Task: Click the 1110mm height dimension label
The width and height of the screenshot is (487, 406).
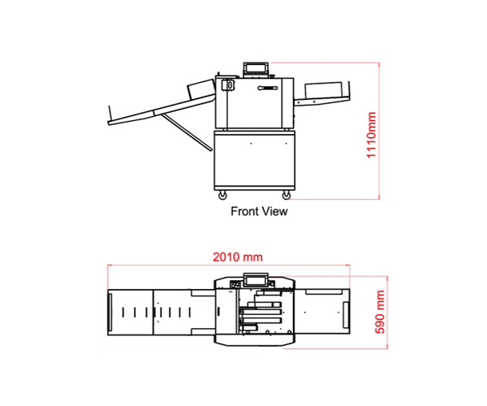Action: click(x=372, y=135)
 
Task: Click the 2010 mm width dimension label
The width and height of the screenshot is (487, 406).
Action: click(x=238, y=257)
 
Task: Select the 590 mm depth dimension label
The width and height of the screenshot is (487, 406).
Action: click(x=380, y=312)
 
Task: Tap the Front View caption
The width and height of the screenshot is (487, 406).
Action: click(x=259, y=211)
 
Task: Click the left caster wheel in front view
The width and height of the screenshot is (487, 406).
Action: click(x=222, y=196)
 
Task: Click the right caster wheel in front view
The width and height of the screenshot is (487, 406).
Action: click(x=286, y=196)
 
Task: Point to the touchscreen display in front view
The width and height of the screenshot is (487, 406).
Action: click(x=256, y=68)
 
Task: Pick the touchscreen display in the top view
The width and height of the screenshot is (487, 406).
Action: click(x=256, y=280)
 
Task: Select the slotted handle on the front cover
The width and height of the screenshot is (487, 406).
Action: click(x=267, y=89)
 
